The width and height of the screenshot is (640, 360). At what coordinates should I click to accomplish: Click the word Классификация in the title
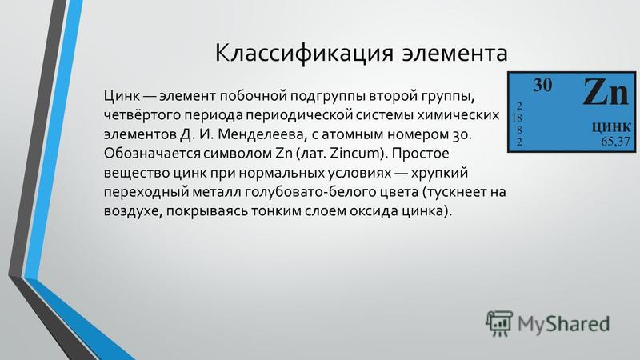coord(304,53)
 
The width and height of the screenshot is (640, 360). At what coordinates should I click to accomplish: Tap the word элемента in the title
coord(454,54)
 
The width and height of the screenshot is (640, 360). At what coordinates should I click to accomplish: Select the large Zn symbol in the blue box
coord(606,92)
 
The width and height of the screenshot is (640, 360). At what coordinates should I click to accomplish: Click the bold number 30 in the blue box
coord(542,85)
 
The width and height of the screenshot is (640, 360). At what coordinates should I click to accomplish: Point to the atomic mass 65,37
coord(615,142)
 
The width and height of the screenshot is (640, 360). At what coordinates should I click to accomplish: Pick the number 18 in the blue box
coord(517,118)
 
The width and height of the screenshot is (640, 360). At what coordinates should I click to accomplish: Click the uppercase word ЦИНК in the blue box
coord(611,127)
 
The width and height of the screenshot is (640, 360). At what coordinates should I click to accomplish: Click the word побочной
coord(253,96)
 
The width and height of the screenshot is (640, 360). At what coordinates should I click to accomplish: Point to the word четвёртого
coord(142,115)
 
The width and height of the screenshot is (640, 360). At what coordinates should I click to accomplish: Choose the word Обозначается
coord(152,153)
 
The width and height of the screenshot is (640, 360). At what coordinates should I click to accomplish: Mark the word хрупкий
coord(439,173)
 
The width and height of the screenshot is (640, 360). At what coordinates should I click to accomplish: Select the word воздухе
coord(132,211)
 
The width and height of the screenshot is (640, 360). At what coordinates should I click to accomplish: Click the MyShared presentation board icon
coord(498,323)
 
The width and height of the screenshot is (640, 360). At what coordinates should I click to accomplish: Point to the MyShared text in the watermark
coord(564,324)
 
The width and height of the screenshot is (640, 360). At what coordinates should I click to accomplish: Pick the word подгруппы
coord(328,96)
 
